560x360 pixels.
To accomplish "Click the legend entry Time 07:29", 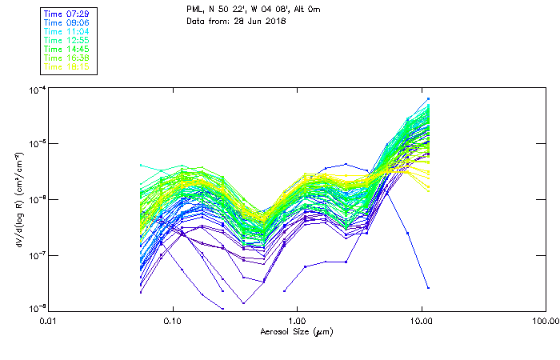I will tap(66, 14).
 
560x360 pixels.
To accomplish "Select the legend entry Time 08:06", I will tap(66, 22).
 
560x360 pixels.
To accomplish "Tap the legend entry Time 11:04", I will tap(66, 31).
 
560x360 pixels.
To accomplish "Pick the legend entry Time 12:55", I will tap(66, 40).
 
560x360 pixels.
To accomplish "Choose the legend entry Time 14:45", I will tap(66, 49).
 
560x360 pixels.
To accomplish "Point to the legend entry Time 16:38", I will tap(66, 58).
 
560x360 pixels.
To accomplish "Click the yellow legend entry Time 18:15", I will tap(66, 66).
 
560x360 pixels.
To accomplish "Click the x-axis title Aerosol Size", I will tap(296, 332).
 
